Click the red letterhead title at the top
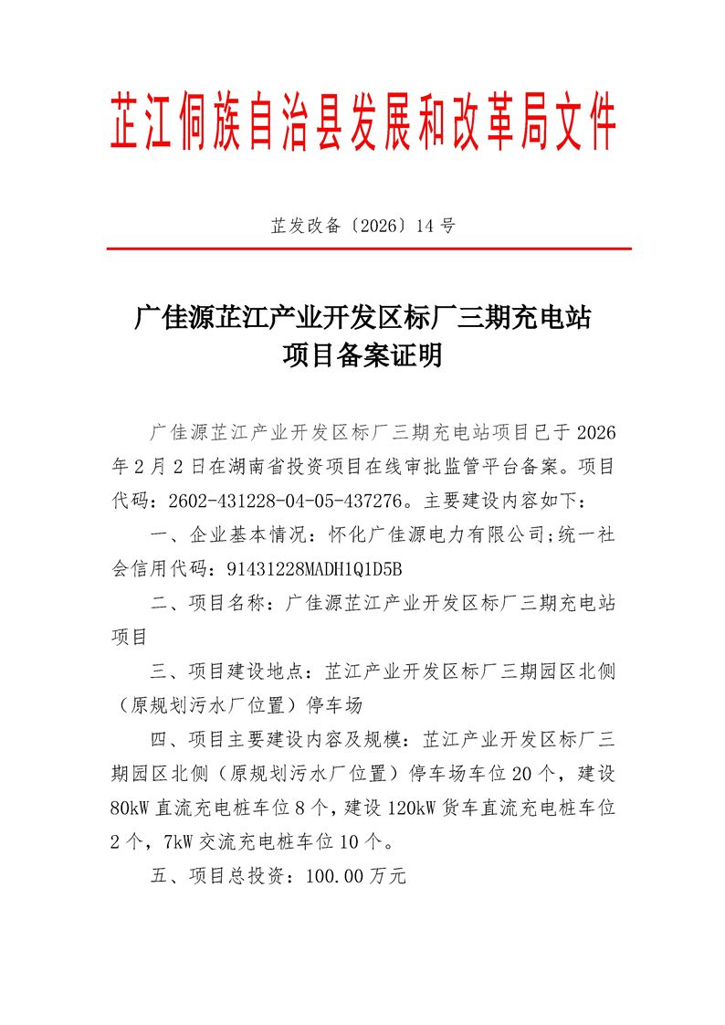362,122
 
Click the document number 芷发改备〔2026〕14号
362,226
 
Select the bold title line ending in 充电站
362,319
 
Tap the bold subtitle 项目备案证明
362,355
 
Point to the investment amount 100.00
335,877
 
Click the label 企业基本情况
246,535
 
